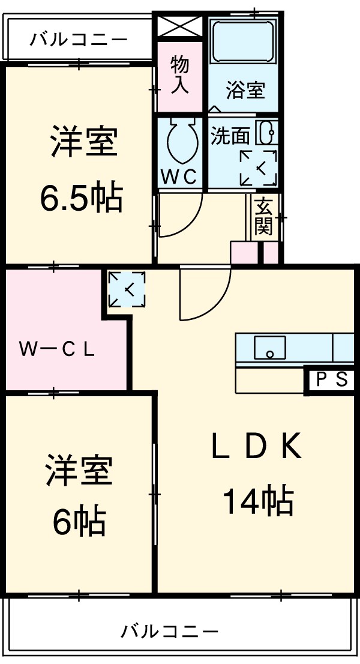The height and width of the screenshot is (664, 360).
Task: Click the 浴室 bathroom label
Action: [245, 91]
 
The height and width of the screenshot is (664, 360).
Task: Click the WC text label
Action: [179, 177]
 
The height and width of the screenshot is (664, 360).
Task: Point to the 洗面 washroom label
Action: [229, 136]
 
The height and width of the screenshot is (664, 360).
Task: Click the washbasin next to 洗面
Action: [267, 133]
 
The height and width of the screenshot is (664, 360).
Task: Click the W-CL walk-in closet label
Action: [56, 349]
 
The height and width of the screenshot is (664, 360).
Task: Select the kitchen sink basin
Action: [269, 348]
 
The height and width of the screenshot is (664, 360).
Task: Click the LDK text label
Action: [256, 448]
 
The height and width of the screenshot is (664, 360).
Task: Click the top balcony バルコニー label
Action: [79, 40]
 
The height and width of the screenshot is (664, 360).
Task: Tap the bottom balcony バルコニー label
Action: [170, 632]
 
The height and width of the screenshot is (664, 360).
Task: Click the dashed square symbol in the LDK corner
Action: [127, 289]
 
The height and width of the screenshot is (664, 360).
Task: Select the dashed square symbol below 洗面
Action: [258, 168]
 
